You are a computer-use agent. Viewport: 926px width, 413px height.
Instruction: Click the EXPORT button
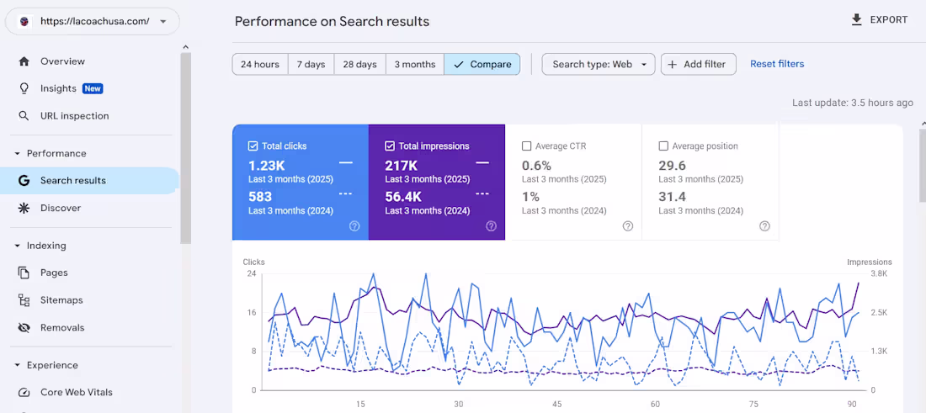[x=879, y=20]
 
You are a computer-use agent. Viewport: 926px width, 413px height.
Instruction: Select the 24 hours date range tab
[x=259, y=65]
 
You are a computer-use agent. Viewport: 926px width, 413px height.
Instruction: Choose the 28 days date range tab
[x=359, y=65]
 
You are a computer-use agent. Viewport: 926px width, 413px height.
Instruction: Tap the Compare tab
[x=482, y=65]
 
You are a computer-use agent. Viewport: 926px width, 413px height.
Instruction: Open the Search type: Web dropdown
[x=598, y=65]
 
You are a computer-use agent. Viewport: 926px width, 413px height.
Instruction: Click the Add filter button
[x=698, y=65]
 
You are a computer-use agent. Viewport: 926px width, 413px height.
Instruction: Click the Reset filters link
[x=776, y=64]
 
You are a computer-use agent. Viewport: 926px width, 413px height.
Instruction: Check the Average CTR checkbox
[x=526, y=146]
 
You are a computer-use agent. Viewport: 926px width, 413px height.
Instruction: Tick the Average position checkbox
[x=663, y=146]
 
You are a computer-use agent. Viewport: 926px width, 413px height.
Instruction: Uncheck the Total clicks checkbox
[x=253, y=146]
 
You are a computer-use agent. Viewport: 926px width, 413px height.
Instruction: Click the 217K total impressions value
[x=402, y=166]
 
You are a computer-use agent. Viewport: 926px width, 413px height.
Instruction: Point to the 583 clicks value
[x=260, y=196]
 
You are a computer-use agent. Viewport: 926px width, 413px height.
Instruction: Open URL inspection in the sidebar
[x=74, y=116]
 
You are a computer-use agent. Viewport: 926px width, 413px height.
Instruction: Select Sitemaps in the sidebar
[x=61, y=300]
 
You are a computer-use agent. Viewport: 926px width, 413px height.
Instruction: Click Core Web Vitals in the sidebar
[x=76, y=393]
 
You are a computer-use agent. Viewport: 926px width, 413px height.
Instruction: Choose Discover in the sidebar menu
[x=61, y=208]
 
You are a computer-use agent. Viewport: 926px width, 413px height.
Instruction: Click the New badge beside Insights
[x=93, y=89]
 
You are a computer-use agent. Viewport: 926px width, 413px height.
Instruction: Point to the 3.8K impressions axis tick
[x=878, y=274]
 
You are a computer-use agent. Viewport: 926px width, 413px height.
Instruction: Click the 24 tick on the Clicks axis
[x=251, y=274]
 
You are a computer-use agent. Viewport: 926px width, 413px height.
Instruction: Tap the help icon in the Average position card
[x=764, y=226]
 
